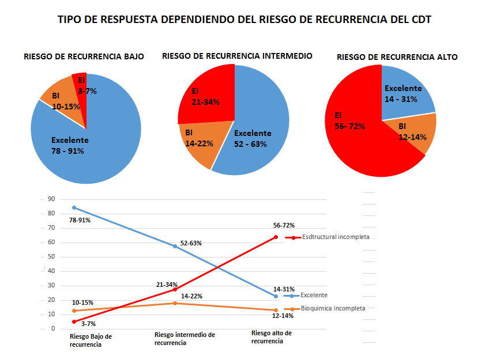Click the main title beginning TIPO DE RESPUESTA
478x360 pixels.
[244, 20]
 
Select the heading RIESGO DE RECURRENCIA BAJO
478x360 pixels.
[84, 56]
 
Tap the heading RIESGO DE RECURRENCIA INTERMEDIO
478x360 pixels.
[237, 56]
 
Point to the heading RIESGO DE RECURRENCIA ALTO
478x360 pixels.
[397, 57]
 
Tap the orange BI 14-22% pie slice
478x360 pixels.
[199, 141]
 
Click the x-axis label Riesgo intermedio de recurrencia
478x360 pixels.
[185, 338]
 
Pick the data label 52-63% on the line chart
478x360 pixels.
[191, 243]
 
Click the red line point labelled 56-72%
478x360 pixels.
[276, 237]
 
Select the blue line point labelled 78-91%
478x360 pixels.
[74, 207]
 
